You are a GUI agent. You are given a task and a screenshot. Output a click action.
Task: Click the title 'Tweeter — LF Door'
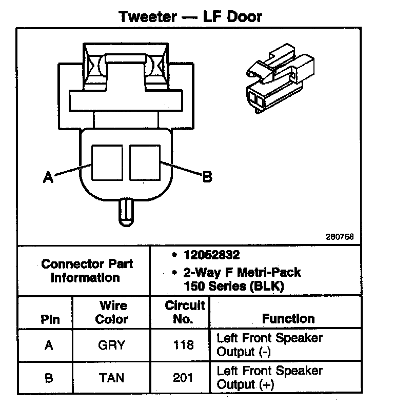(x=190, y=17)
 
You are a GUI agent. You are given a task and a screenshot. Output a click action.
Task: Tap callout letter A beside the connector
(x=48, y=177)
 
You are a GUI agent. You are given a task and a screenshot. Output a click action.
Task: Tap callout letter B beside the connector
(x=207, y=177)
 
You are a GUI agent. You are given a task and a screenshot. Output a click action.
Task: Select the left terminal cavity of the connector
(x=107, y=162)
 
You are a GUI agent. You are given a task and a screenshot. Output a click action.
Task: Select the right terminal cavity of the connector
(x=145, y=162)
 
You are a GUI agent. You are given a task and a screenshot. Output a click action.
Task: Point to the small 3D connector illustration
(x=280, y=78)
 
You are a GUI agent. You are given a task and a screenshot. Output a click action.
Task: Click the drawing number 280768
(x=340, y=237)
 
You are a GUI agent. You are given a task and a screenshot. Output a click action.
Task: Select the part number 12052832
(x=211, y=255)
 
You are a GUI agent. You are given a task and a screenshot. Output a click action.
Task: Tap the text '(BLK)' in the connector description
(x=267, y=286)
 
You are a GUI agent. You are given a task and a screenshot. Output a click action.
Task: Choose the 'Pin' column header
(x=50, y=319)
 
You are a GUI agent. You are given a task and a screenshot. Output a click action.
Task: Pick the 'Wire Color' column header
(x=112, y=312)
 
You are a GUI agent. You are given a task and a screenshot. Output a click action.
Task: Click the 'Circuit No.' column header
(x=185, y=312)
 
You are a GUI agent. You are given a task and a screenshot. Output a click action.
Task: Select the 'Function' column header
(x=288, y=319)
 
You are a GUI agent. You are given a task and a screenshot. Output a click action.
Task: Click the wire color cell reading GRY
(x=111, y=345)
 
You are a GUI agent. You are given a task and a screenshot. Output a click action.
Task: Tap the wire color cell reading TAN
(x=111, y=378)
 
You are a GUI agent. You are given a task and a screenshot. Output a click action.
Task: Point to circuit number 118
(x=183, y=345)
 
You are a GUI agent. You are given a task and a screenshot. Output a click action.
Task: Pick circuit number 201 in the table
(x=183, y=378)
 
